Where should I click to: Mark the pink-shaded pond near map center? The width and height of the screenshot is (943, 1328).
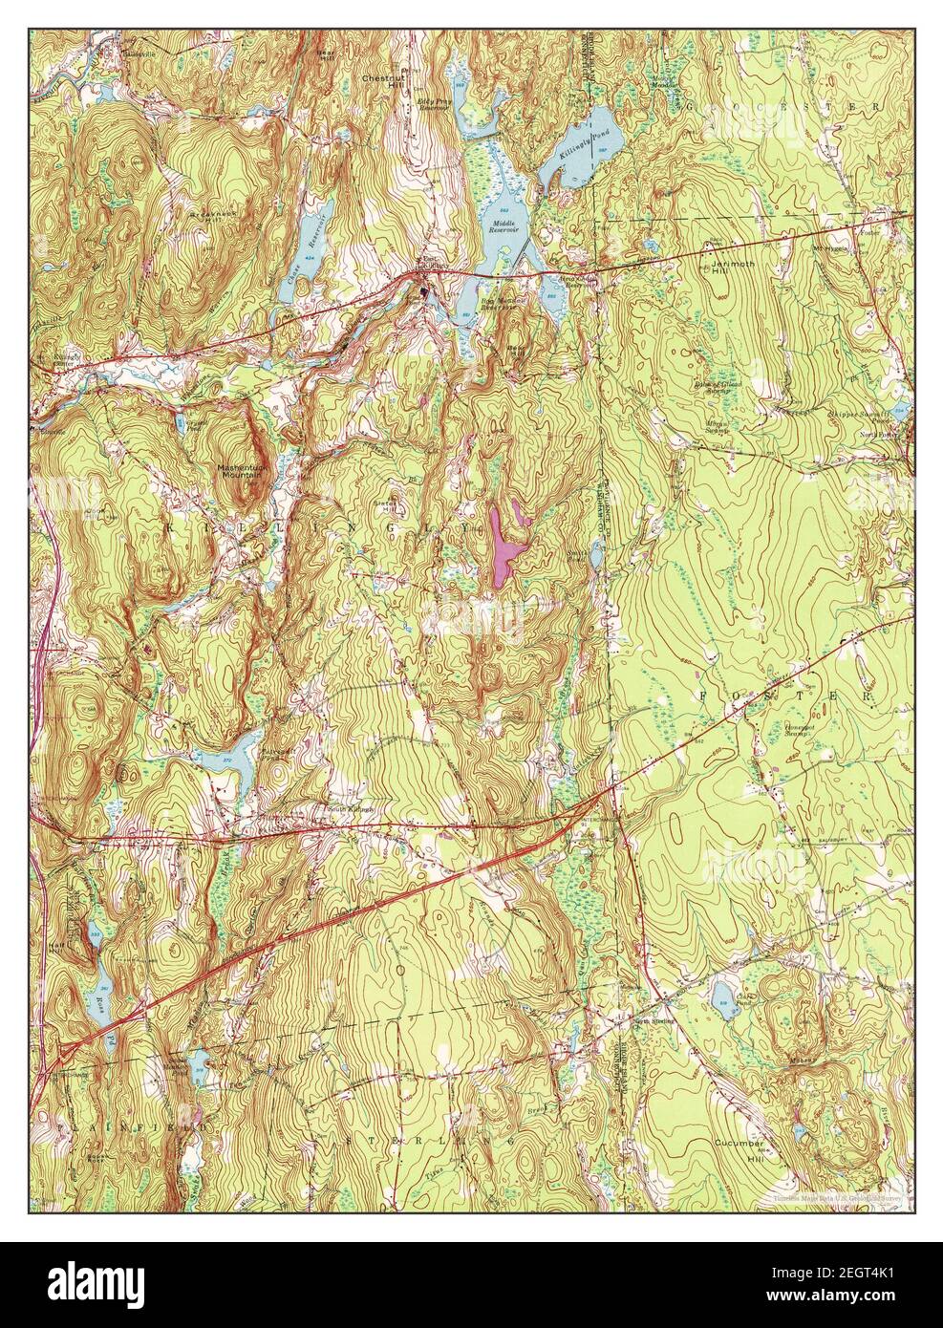click(504, 545)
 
